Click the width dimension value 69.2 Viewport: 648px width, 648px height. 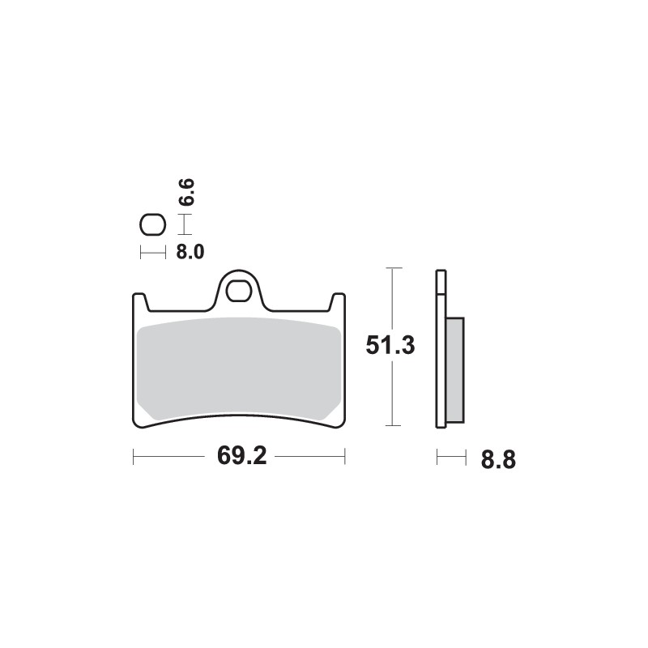click(x=241, y=456)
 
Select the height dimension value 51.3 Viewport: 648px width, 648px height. click(x=390, y=346)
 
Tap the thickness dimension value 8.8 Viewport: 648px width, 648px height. click(x=498, y=460)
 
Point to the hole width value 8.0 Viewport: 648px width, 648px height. click(x=190, y=252)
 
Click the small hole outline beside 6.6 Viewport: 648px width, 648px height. click(x=151, y=224)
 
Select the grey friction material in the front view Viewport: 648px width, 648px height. click(x=239, y=369)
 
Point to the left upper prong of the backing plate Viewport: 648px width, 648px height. click(x=139, y=301)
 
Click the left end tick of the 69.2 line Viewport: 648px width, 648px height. click(x=133, y=456)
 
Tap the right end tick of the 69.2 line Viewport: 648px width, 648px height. click(x=345, y=456)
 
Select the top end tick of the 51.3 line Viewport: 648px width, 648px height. click(x=393, y=268)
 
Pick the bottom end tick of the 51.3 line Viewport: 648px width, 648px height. click(x=393, y=425)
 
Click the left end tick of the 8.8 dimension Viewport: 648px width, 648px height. click(x=437, y=458)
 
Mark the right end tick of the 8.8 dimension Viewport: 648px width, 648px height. click(x=467, y=458)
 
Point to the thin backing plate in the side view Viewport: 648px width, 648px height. click(x=441, y=348)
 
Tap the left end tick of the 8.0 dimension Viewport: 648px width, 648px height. click(x=141, y=252)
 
